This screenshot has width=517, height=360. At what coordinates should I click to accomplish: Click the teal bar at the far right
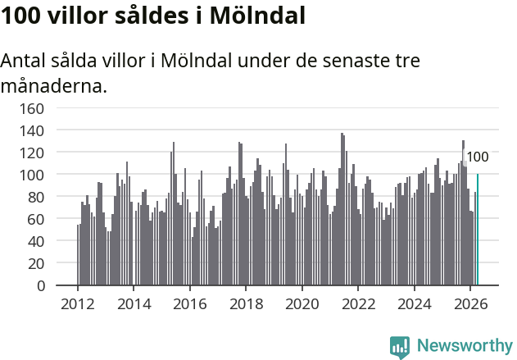click(x=478, y=230)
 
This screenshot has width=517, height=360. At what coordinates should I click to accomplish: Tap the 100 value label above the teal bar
click(x=478, y=157)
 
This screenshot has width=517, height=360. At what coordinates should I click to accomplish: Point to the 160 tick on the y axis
click(x=32, y=108)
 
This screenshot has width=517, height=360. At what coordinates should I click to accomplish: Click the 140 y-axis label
click(x=32, y=131)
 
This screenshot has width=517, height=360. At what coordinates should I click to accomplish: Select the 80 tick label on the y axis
click(x=35, y=198)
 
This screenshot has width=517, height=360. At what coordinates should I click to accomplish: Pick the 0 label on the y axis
click(x=40, y=285)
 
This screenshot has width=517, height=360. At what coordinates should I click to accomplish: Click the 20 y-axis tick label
click(x=35, y=264)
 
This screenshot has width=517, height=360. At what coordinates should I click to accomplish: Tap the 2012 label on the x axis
click(x=78, y=304)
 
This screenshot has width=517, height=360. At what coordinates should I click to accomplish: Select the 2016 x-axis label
click(x=190, y=304)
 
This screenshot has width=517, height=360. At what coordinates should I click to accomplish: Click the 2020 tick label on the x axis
click(x=302, y=304)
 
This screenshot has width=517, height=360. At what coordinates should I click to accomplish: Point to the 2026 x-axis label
click(x=470, y=304)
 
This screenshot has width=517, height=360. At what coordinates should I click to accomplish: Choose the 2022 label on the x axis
click(x=358, y=304)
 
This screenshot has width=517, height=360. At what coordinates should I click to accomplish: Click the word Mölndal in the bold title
click(x=257, y=16)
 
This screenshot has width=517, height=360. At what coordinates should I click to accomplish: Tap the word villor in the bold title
click(x=78, y=16)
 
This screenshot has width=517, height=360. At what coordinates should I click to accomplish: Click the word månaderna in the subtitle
click(x=54, y=86)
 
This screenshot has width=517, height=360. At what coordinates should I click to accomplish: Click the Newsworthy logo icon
click(x=400, y=347)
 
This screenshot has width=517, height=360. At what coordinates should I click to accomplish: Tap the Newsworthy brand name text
click(x=465, y=345)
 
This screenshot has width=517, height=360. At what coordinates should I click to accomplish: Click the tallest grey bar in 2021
click(x=342, y=209)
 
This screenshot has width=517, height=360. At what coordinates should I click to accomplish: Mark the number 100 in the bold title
click(x=21, y=16)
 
